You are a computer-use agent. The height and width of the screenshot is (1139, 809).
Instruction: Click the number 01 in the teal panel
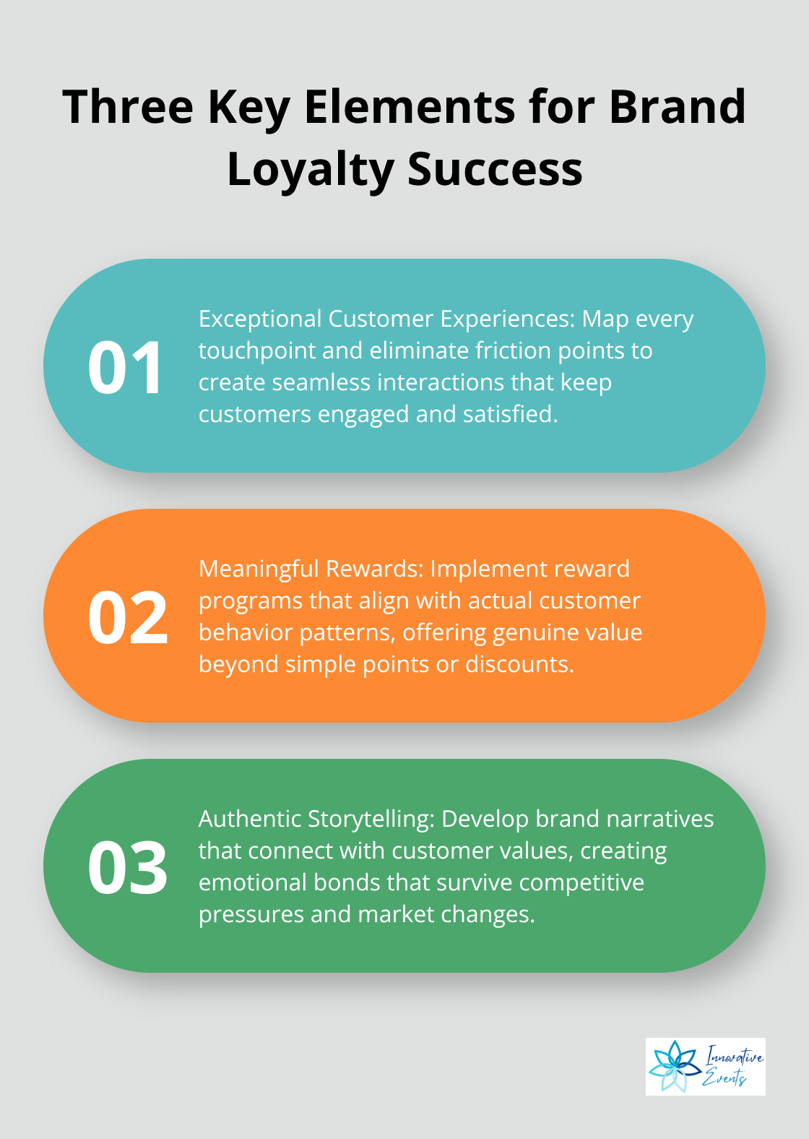pos(124,367)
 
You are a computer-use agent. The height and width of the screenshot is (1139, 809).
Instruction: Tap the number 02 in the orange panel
pos(127,617)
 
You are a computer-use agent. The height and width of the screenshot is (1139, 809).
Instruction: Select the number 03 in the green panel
pos(127,867)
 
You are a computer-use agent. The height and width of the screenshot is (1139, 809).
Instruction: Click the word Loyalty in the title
pos(310,169)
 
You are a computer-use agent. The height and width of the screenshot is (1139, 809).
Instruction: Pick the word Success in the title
pos(495,169)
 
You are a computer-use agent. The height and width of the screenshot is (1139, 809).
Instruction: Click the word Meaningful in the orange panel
pos(258,569)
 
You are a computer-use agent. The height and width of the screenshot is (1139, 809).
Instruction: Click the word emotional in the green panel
pos(252,882)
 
